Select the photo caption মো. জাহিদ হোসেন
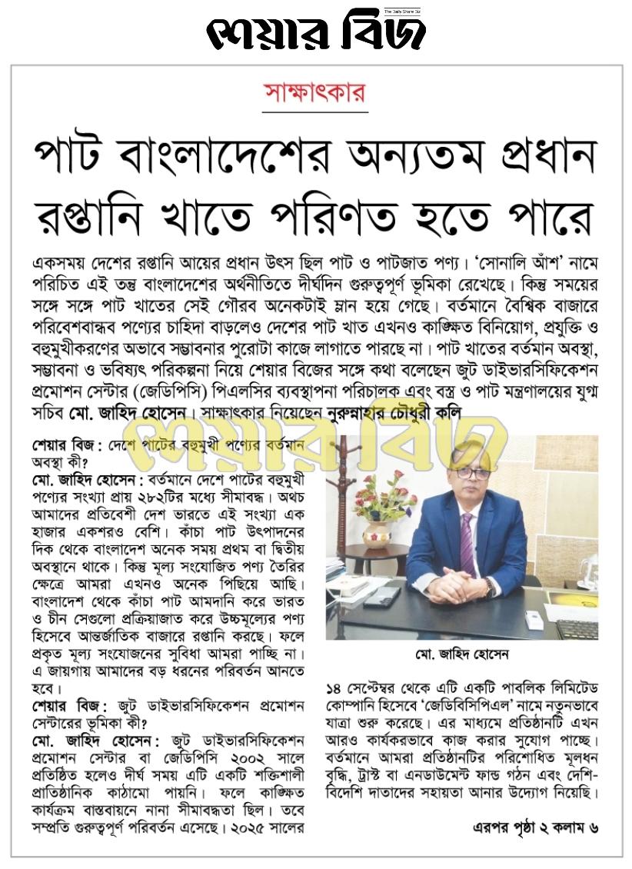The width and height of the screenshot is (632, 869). coord(461,654)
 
